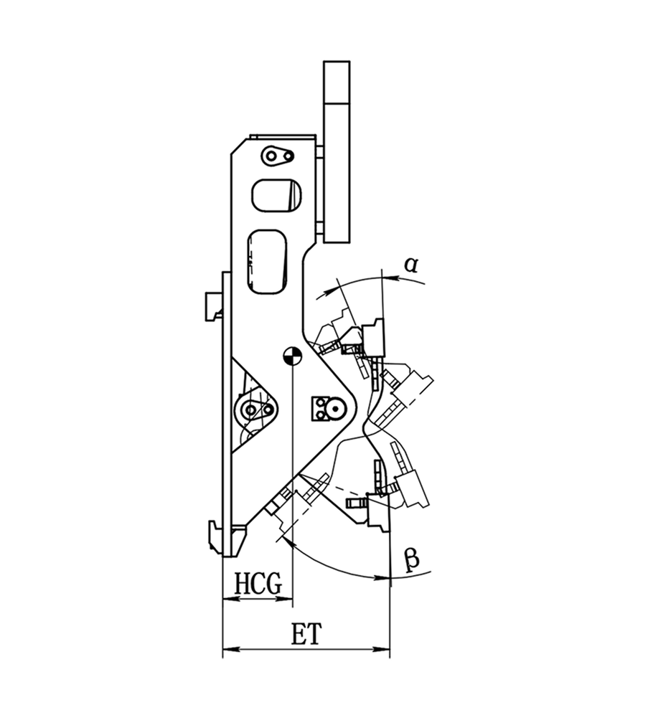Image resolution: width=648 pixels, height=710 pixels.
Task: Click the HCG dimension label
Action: click(258, 584)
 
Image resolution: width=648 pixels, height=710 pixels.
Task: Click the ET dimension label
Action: click(306, 634)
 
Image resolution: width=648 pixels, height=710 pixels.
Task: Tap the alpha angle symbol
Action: click(411, 264)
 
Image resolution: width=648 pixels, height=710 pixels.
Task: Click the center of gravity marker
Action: click(292, 356)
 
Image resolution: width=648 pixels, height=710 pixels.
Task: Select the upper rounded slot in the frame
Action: click(277, 196)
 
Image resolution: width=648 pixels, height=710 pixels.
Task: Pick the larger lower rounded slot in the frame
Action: click(267, 262)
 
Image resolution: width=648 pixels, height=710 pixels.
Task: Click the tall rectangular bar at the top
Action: click(337, 152)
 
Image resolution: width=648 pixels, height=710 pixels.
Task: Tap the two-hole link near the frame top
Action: click(277, 156)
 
